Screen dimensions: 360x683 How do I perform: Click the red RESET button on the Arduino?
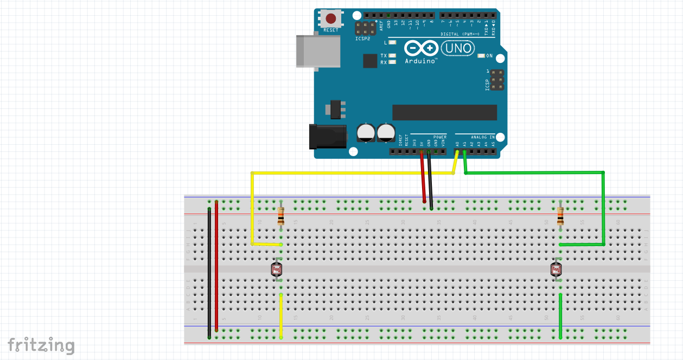(x=330, y=18)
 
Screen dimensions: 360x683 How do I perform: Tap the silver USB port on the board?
(x=318, y=51)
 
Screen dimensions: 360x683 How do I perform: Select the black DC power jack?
(x=327, y=136)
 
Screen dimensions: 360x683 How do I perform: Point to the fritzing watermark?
(x=41, y=345)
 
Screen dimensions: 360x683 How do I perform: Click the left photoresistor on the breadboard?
(x=277, y=269)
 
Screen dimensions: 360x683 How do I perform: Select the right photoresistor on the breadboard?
(x=556, y=269)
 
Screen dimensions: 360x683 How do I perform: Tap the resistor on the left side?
(x=280, y=216)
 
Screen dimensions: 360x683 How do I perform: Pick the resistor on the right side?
(x=560, y=216)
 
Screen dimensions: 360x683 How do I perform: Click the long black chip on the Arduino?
(x=444, y=112)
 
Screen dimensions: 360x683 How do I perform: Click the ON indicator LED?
(x=481, y=56)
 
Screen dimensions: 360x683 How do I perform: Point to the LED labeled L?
(x=392, y=42)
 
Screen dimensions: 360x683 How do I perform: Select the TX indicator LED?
(x=392, y=55)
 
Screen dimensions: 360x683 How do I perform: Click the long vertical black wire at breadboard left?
(x=209, y=271)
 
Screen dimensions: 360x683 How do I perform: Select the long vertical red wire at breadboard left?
(x=216, y=266)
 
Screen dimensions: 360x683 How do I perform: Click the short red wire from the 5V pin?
(x=423, y=176)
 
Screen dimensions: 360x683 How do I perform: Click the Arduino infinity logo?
(x=421, y=49)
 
